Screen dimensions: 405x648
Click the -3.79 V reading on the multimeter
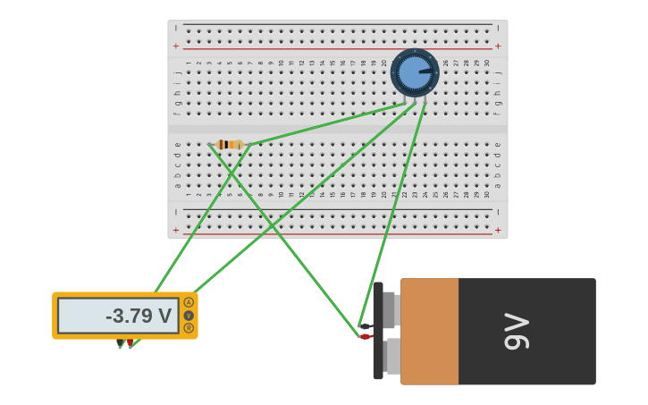pos(138,316)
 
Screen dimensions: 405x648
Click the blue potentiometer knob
pos(414,72)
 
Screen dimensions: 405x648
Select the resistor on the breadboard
pos(230,144)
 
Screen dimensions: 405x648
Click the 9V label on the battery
pos(518,331)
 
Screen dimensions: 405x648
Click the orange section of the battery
pos(429,331)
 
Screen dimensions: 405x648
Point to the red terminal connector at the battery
pos(365,337)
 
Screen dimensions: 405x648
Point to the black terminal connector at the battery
pos(366,326)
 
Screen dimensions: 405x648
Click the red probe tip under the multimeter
pos(130,342)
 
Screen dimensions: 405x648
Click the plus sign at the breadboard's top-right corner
pos(498,46)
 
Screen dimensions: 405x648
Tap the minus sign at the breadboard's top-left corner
pos(176,29)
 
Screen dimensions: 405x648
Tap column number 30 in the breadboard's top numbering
pos(486,63)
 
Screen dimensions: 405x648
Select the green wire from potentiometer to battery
pos(391,215)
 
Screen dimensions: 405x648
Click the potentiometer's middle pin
pos(415,102)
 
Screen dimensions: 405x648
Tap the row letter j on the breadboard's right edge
pos(498,72)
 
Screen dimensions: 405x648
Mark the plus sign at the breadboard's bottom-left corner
pos(176,230)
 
